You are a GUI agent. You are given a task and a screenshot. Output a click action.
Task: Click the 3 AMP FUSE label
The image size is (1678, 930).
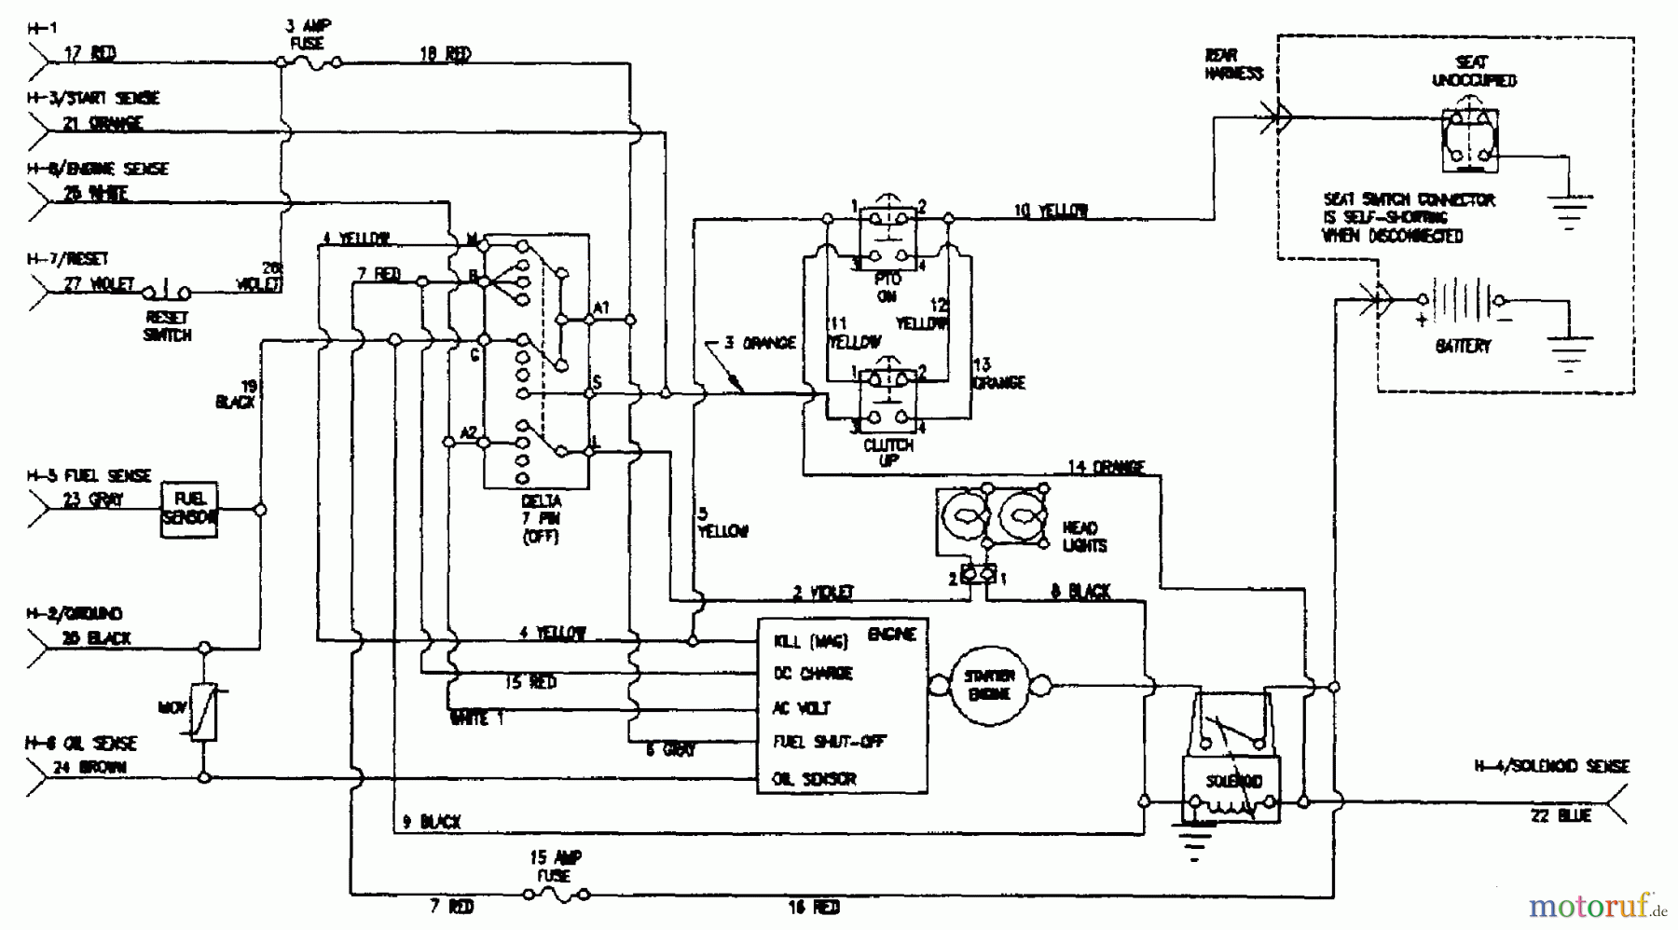(x=307, y=34)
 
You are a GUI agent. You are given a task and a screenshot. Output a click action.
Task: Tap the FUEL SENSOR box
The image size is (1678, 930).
(x=189, y=509)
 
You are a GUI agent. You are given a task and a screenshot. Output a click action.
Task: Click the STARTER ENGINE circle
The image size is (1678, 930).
(x=989, y=687)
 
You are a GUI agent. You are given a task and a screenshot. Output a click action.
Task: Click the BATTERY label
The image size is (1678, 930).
(x=1463, y=346)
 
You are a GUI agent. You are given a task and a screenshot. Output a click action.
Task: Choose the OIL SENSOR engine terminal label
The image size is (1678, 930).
(x=814, y=779)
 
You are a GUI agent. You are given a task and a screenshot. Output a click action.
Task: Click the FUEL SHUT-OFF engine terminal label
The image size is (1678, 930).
(x=829, y=743)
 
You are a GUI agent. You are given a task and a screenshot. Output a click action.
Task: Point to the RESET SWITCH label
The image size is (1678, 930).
(x=167, y=326)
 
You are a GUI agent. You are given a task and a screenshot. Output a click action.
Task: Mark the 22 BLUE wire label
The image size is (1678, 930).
(x=1560, y=816)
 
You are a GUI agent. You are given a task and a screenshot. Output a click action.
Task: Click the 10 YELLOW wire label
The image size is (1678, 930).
(x=1051, y=212)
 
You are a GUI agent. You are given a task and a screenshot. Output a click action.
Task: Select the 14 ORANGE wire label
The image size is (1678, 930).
(x=1106, y=467)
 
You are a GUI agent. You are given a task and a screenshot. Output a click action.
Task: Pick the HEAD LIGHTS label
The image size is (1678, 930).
(x=1084, y=536)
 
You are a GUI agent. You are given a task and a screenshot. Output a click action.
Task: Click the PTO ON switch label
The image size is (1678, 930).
(x=887, y=287)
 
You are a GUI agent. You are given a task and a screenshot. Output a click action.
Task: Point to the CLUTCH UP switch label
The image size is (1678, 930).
(x=887, y=452)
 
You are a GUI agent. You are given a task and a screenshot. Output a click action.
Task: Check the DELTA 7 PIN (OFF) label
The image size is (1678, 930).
(x=540, y=519)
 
